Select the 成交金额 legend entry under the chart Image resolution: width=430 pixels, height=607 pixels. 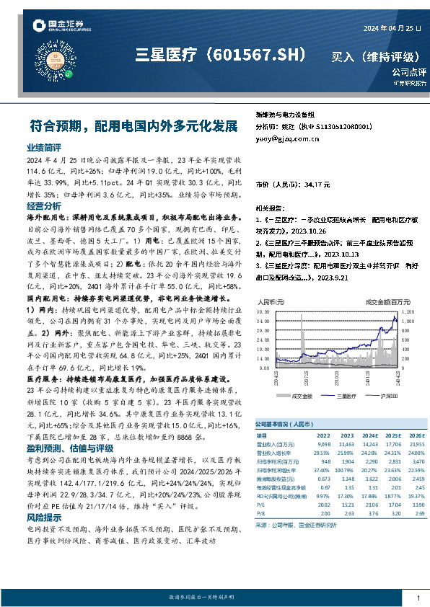(299, 396)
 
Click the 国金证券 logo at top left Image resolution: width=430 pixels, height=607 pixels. (57, 27)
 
